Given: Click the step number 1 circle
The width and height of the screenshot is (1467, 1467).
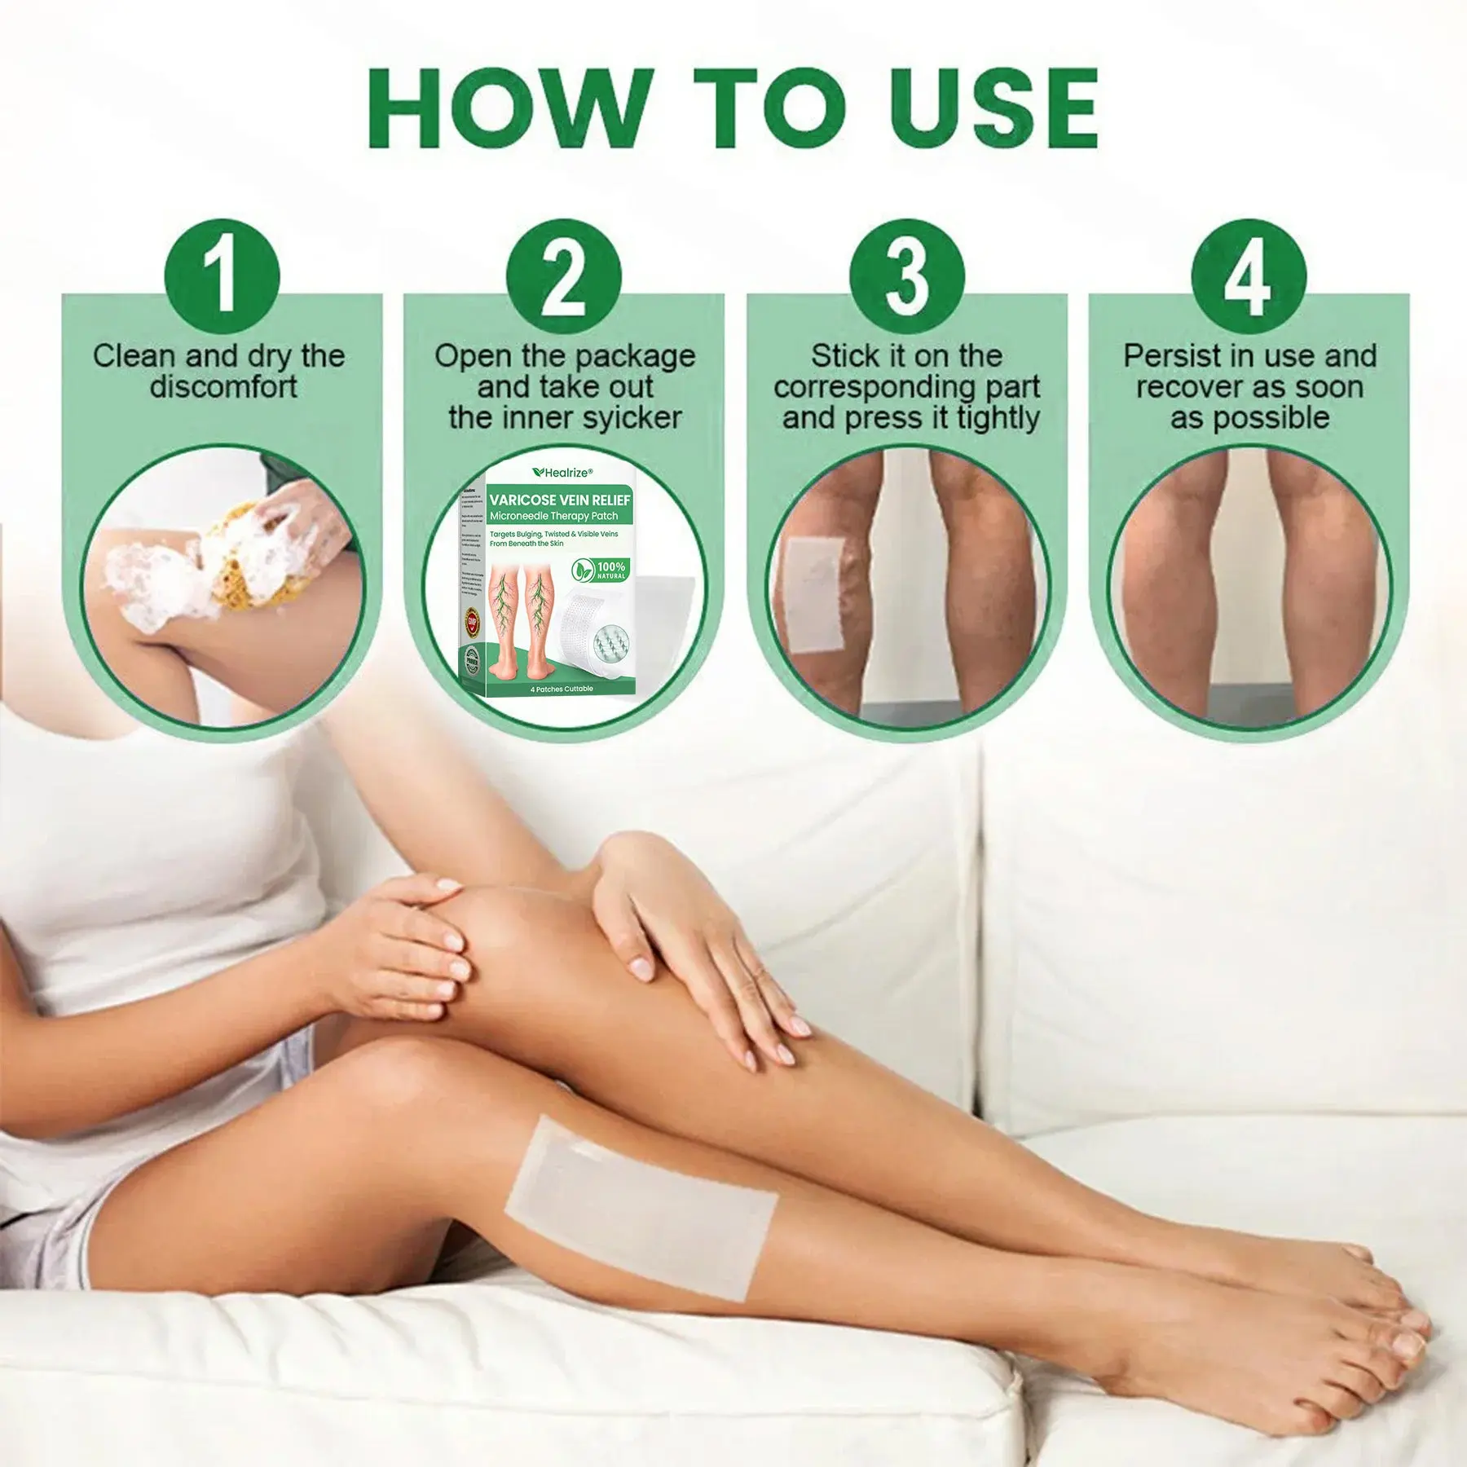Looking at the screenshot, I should click(222, 276).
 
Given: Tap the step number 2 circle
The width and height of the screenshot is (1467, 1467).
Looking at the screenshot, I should click(563, 276).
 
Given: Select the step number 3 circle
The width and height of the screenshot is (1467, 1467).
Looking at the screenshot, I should click(906, 276).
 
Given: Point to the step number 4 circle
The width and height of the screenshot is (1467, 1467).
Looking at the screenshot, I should click(1249, 276).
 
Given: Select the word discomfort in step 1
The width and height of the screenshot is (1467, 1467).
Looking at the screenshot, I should click(223, 386).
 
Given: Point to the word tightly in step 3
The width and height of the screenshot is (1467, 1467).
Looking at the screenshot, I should click(998, 418).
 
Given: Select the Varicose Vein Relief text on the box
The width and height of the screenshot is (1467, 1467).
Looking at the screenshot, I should click(560, 500).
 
